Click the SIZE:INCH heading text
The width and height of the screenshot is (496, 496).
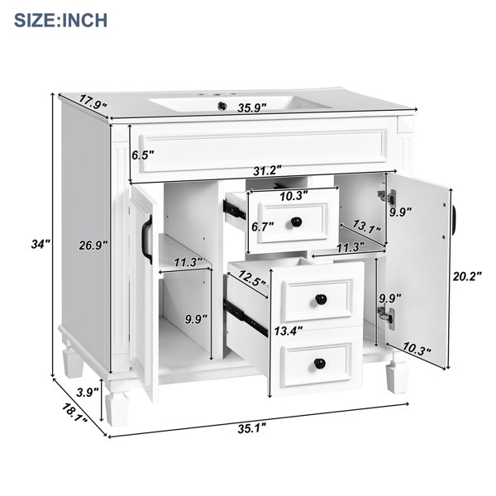60,20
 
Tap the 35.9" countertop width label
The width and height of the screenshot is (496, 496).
252,108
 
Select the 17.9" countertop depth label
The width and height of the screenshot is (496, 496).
93,102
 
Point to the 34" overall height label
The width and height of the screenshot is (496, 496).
41,244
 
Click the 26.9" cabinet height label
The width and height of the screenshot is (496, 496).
93,246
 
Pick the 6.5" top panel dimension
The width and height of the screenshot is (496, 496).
143,155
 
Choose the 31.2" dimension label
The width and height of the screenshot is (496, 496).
267,171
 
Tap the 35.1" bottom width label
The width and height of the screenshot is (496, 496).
252,428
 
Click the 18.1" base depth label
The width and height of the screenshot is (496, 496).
74,413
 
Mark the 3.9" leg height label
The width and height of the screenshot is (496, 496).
88,393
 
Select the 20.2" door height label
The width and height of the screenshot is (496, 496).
467,276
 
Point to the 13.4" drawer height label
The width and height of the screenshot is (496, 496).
289,331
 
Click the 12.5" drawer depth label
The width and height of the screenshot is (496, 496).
251,278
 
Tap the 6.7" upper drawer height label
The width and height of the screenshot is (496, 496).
263,227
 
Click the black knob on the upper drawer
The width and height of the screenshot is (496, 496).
297,222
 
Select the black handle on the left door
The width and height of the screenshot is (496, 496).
147,240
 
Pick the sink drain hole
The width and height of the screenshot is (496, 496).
222,106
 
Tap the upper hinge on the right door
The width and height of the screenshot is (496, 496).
387,197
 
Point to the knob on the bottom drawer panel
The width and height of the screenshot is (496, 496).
320,364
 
